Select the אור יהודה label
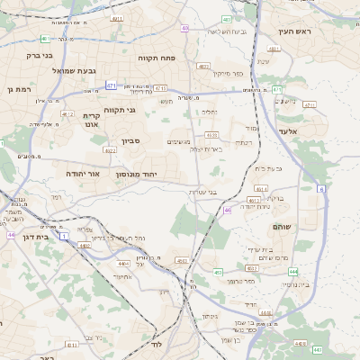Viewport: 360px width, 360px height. [87, 172]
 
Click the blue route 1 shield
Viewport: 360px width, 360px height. [65, 235]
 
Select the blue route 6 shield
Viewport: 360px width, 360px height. [319, 188]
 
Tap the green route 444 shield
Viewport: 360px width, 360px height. [293, 271]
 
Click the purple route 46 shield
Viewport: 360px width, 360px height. [228, 210]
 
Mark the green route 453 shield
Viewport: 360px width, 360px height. [218, 271]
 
